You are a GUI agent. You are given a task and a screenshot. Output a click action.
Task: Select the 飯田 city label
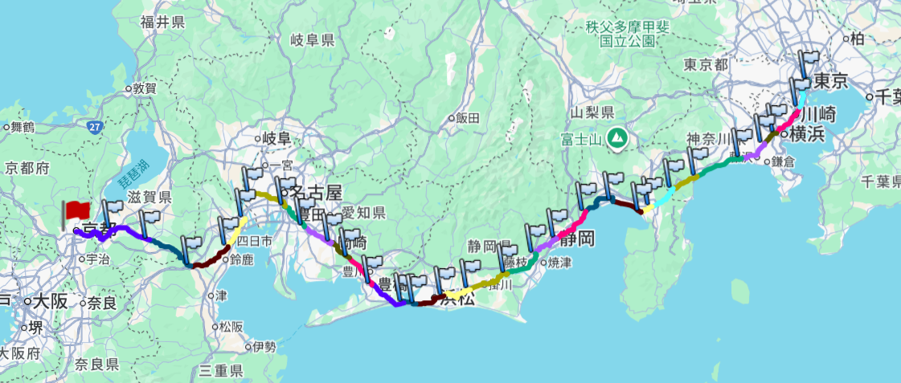click(x=467, y=118)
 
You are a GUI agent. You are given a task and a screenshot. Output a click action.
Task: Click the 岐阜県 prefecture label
click(x=312, y=39)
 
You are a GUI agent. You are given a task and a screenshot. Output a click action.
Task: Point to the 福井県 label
click(x=163, y=22)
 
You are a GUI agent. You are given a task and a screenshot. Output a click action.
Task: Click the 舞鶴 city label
click(x=21, y=127)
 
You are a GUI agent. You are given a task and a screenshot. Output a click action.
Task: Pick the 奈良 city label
click(x=101, y=303)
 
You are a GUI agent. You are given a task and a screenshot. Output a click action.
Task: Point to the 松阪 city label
click(x=230, y=327)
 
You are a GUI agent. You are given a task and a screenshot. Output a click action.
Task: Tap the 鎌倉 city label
click(x=781, y=161)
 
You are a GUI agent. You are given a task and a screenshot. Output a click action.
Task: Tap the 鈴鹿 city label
click(x=240, y=259)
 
